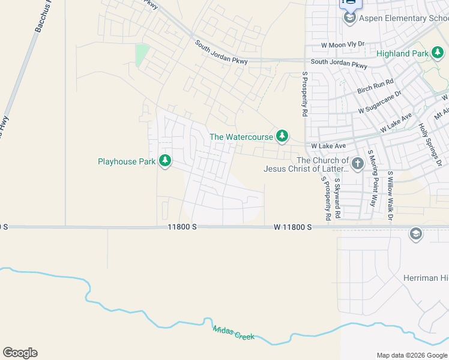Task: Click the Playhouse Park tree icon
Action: pos(165,161)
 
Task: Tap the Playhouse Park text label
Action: pos(127,161)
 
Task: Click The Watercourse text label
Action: pos(241,137)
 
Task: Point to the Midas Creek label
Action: pos(234,332)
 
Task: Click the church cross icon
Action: pos(357,163)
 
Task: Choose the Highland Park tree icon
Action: pos(438,53)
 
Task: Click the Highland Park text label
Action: pos(402,53)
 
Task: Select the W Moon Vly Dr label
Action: pos(343,45)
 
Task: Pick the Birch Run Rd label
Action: pos(375,86)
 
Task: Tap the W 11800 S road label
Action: pos(292,227)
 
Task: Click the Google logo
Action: pos(20,353)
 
